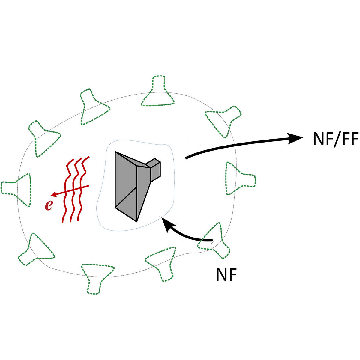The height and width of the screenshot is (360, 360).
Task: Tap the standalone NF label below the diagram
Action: tap(226, 274)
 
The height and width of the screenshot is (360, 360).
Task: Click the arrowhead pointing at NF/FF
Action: tap(295, 138)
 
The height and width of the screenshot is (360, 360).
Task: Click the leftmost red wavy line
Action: tap(66, 192)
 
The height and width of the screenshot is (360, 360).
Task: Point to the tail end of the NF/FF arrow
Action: tap(187, 157)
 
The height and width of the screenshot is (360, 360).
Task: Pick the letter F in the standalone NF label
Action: tap(233, 274)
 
